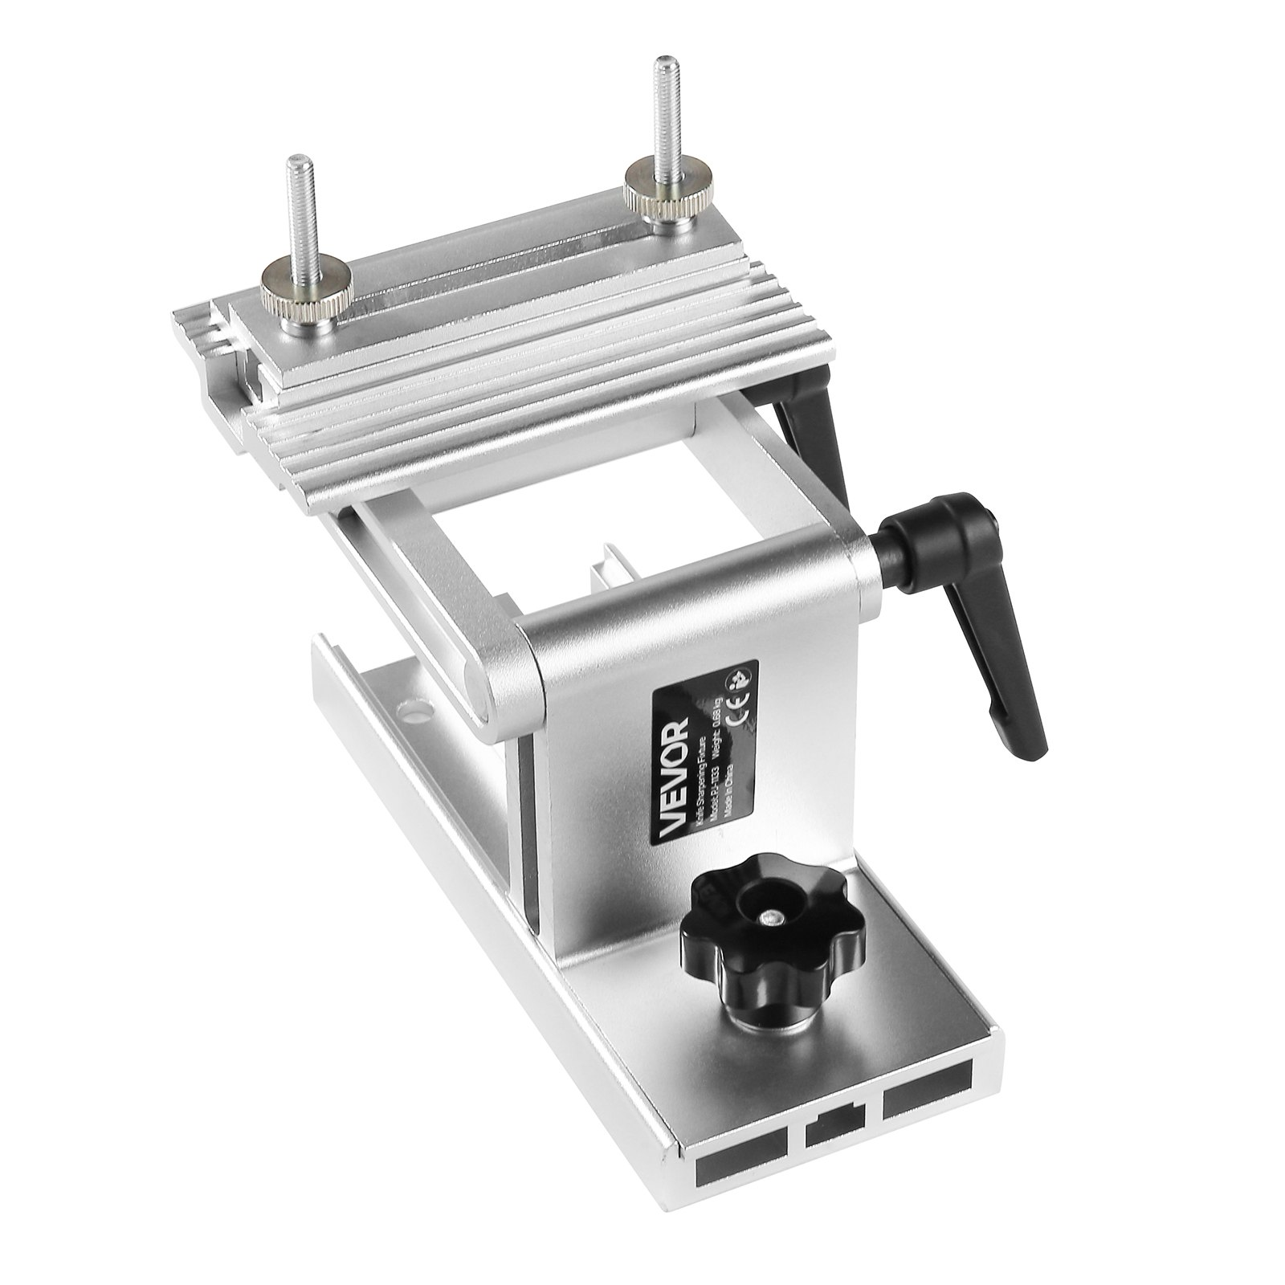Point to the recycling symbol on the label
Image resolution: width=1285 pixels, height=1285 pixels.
tap(735, 675)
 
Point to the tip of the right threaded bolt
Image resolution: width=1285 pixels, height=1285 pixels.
tap(663, 62)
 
